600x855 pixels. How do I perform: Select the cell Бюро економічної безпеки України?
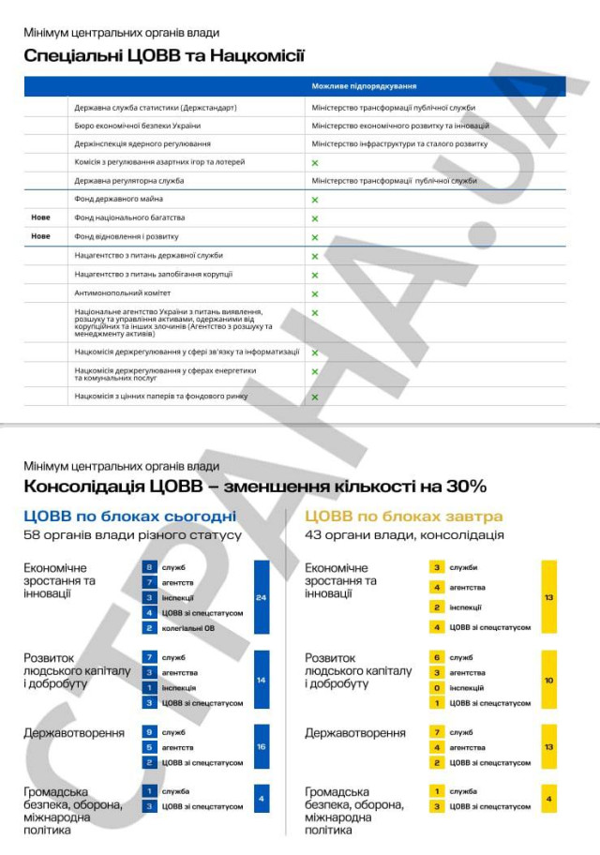click(138, 126)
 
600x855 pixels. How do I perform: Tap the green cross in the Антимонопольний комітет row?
click(315, 293)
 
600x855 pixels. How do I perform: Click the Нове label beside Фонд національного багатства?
click(41, 217)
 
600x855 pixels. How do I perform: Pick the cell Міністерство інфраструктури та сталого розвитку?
click(399, 143)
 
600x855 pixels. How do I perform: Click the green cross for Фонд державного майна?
click(315, 200)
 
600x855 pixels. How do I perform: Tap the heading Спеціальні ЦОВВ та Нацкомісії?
click(164, 55)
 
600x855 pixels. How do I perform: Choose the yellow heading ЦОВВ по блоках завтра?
click(404, 517)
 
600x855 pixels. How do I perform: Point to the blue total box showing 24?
click(262, 596)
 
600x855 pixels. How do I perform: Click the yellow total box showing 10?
click(548, 680)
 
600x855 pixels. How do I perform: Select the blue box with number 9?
click(149, 731)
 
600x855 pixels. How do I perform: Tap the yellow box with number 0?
click(437, 687)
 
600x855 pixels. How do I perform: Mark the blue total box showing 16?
click(262, 747)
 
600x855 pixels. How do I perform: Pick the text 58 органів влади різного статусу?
click(132, 535)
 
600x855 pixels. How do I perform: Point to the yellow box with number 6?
click(437, 657)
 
